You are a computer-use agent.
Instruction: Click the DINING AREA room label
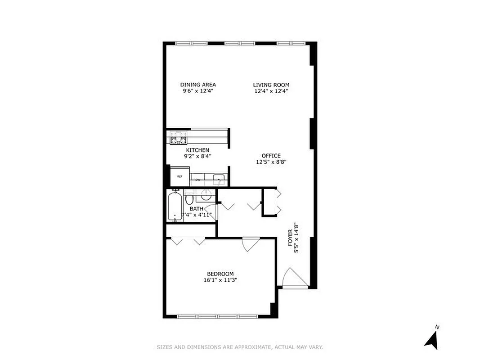(x=198, y=85)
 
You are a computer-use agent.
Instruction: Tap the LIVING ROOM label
(x=271, y=85)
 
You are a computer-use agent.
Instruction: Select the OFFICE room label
(x=271, y=156)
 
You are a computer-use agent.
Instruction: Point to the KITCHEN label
(x=197, y=150)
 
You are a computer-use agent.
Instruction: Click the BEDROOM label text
(x=220, y=274)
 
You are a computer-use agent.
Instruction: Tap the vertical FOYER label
(x=291, y=238)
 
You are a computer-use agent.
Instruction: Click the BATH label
(x=196, y=209)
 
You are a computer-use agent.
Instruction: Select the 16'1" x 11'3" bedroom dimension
(x=220, y=280)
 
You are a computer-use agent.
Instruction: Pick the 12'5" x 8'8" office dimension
(x=271, y=162)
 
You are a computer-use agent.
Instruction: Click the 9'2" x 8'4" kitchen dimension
(x=197, y=156)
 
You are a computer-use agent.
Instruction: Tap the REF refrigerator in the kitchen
(x=179, y=176)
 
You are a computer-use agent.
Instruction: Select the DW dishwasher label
(x=197, y=180)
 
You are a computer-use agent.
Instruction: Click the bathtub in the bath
(x=175, y=206)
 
